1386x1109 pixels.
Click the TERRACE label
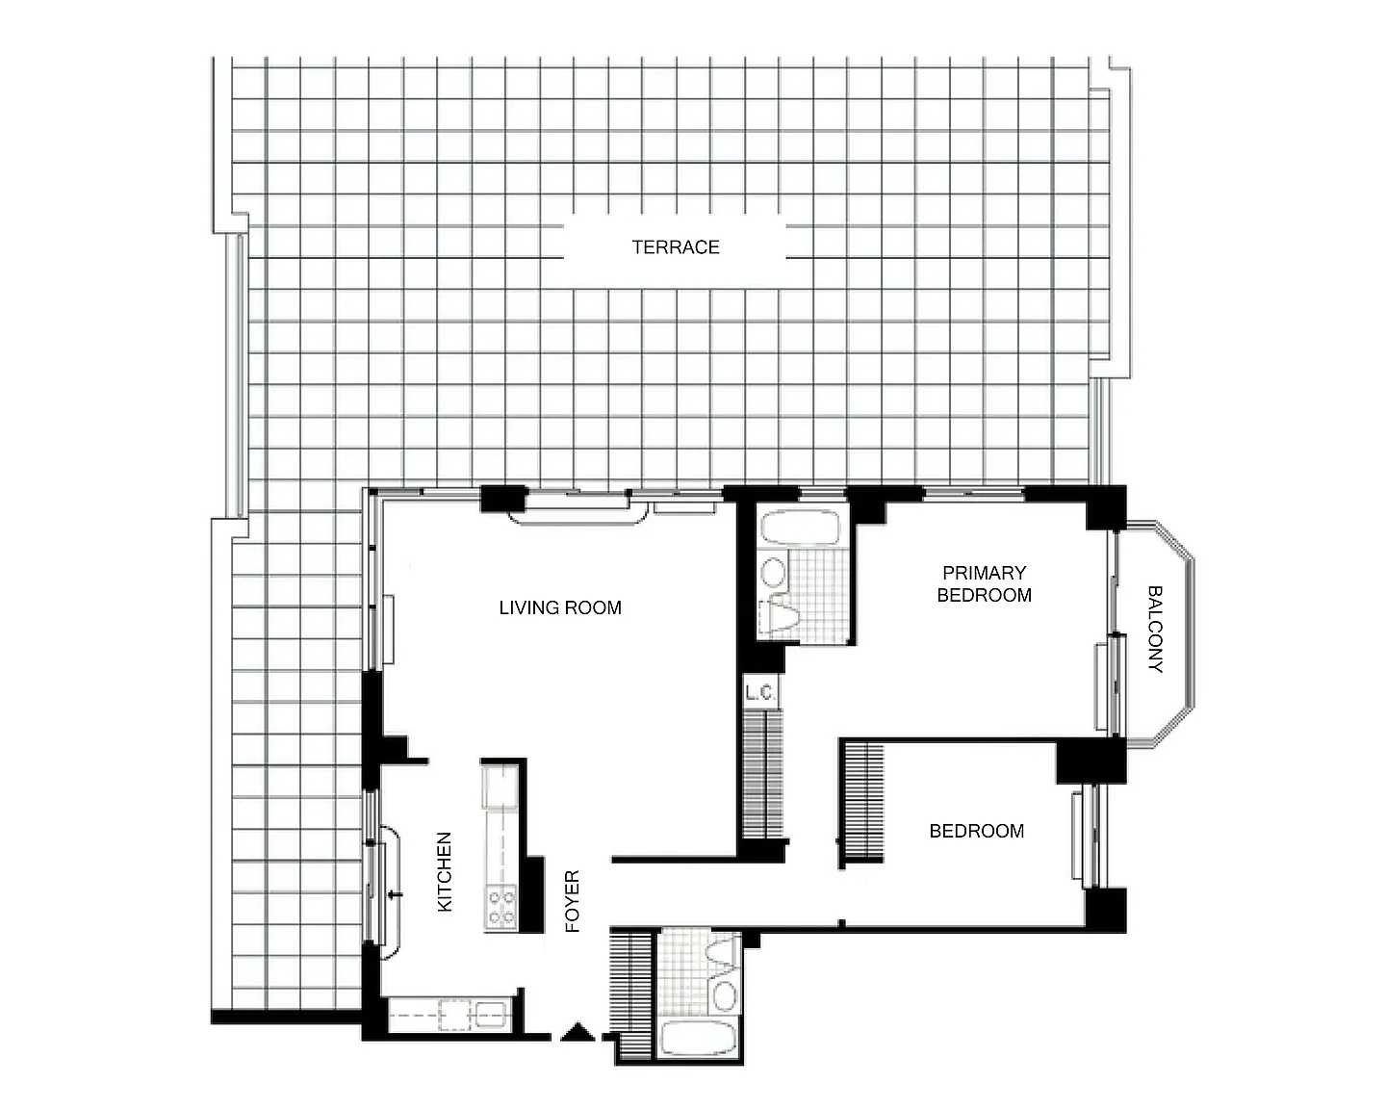[x=675, y=247]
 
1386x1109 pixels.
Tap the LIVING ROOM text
[x=559, y=607]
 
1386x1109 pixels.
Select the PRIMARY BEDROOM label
[x=984, y=583]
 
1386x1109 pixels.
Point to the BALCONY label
[x=1155, y=629]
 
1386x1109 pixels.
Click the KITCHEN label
[x=445, y=872]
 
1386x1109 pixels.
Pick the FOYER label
[x=572, y=901]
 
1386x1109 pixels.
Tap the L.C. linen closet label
[x=760, y=693]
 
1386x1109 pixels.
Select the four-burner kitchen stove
[x=501, y=907]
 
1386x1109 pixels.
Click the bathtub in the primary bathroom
[x=801, y=528]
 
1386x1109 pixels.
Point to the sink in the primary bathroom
[x=773, y=573]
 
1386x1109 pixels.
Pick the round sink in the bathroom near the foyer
[x=725, y=996]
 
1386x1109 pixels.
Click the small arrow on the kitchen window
[x=396, y=894]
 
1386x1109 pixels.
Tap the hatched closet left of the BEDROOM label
[x=863, y=802]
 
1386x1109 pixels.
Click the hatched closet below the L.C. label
[x=762, y=774]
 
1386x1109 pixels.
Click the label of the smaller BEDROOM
[x=976, y=831]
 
